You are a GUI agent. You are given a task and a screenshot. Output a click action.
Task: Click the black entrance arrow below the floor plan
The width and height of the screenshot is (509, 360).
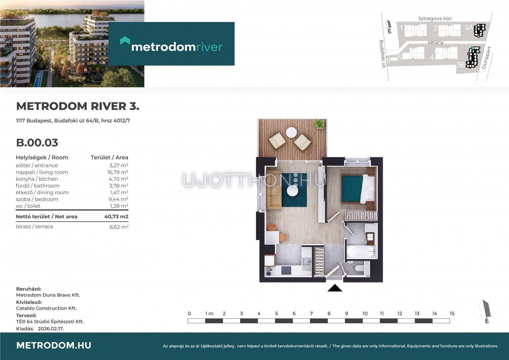pyautogui.click(x=335, y=288)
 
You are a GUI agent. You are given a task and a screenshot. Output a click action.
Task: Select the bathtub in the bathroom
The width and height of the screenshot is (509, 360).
pyautogui.click(x=361, y=252)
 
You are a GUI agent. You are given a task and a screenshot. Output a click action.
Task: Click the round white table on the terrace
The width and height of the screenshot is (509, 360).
pyautogui.click(x=291, y=132)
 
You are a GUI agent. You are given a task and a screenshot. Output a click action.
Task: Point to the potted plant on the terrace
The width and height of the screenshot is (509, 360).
pyautogui.click(x=319, y=124)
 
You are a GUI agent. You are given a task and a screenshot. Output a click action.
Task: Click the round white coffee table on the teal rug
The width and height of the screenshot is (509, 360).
pyautogui.click(x=292, y=191)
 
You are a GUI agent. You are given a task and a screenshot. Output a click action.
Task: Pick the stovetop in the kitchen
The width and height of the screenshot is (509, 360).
pyautogui.click(x=286, y=270)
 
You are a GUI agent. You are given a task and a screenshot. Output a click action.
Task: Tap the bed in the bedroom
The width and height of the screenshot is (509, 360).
pyautogui.click(x=358, y=189)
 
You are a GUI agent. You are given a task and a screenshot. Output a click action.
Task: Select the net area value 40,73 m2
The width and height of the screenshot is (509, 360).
pyautogui.click(x=116, y=217)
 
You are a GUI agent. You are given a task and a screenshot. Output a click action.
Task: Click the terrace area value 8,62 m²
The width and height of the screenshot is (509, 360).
pyautogui.click(x=119, y=227)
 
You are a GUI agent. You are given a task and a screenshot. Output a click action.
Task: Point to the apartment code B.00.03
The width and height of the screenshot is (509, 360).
pyautogui.click(x=37, y=143)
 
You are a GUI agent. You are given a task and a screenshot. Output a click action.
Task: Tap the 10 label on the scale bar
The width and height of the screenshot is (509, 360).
pyautogui.click(x=365, y=314)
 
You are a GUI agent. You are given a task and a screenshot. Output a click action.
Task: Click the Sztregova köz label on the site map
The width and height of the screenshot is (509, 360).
pyautogui.click(x=435, y=18)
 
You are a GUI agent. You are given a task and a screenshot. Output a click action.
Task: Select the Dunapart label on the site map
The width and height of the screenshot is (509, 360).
pyautogui.click(x=486, y=58)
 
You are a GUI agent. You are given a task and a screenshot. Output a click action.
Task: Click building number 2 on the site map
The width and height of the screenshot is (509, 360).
pyautogui.click(x=435, y=28)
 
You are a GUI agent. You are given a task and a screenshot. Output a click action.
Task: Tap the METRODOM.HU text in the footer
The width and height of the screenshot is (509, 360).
pyautogui.click(x=54, y=345)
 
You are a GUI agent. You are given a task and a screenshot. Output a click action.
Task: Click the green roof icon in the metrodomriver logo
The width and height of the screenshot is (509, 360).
pyautogui.click(x=125, y=40)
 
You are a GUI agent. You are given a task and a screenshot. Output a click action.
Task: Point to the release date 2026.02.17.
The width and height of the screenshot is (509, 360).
pyautogui.click(x=51, y=329)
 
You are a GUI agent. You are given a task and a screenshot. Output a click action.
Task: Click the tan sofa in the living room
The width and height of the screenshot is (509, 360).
pyautogui.click(x=273, y=190)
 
